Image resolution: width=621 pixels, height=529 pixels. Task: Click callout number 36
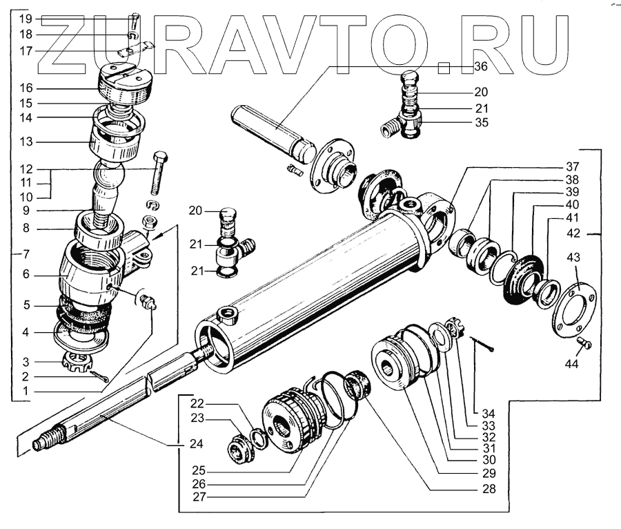(480, 66)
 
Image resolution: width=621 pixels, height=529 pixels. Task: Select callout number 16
(26, 88)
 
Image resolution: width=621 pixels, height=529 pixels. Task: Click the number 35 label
(480, 123)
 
